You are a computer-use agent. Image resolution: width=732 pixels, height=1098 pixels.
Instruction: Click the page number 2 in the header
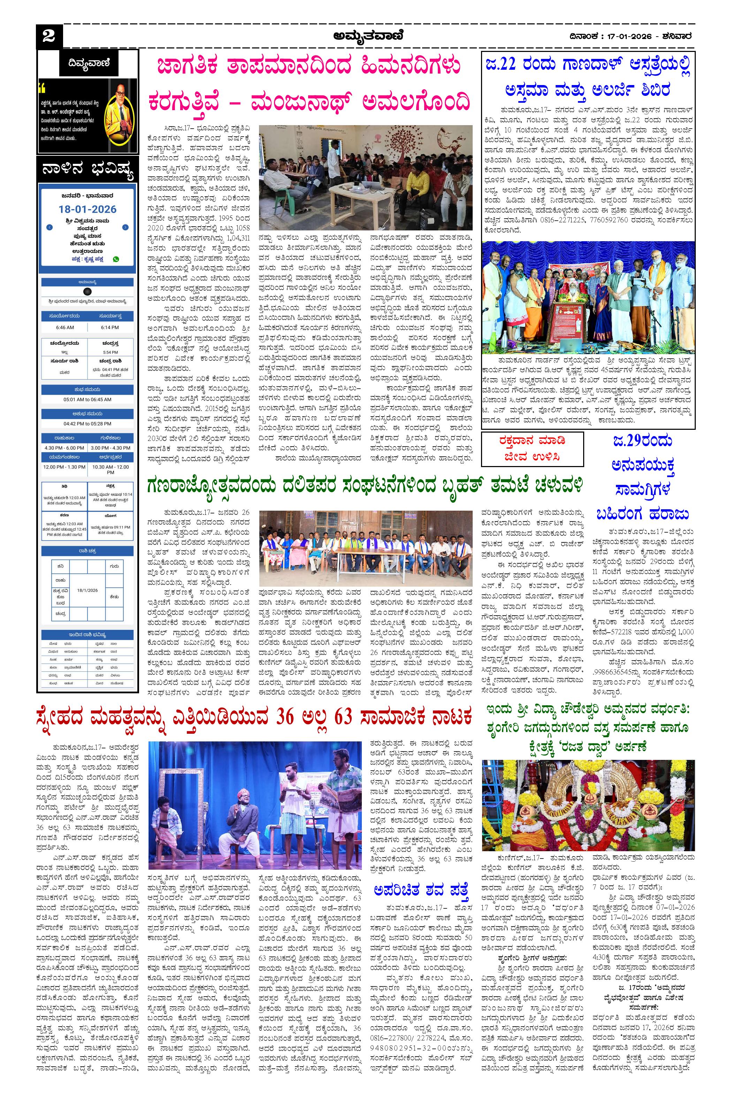click(48, 36)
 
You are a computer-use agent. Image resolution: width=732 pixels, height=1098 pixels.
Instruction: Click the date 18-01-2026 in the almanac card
click(88, 209)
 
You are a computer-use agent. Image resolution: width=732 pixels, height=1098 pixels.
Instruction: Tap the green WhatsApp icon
click(116, 259)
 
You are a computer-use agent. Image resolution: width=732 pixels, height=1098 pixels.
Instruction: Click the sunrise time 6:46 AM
click(64, 327)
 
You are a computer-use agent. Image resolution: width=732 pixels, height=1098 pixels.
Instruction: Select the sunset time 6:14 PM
click(110, 327)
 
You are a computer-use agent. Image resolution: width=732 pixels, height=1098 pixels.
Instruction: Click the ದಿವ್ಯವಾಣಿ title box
click(88, 62)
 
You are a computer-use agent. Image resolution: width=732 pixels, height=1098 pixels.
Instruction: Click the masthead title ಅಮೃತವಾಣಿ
click(368, 36)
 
